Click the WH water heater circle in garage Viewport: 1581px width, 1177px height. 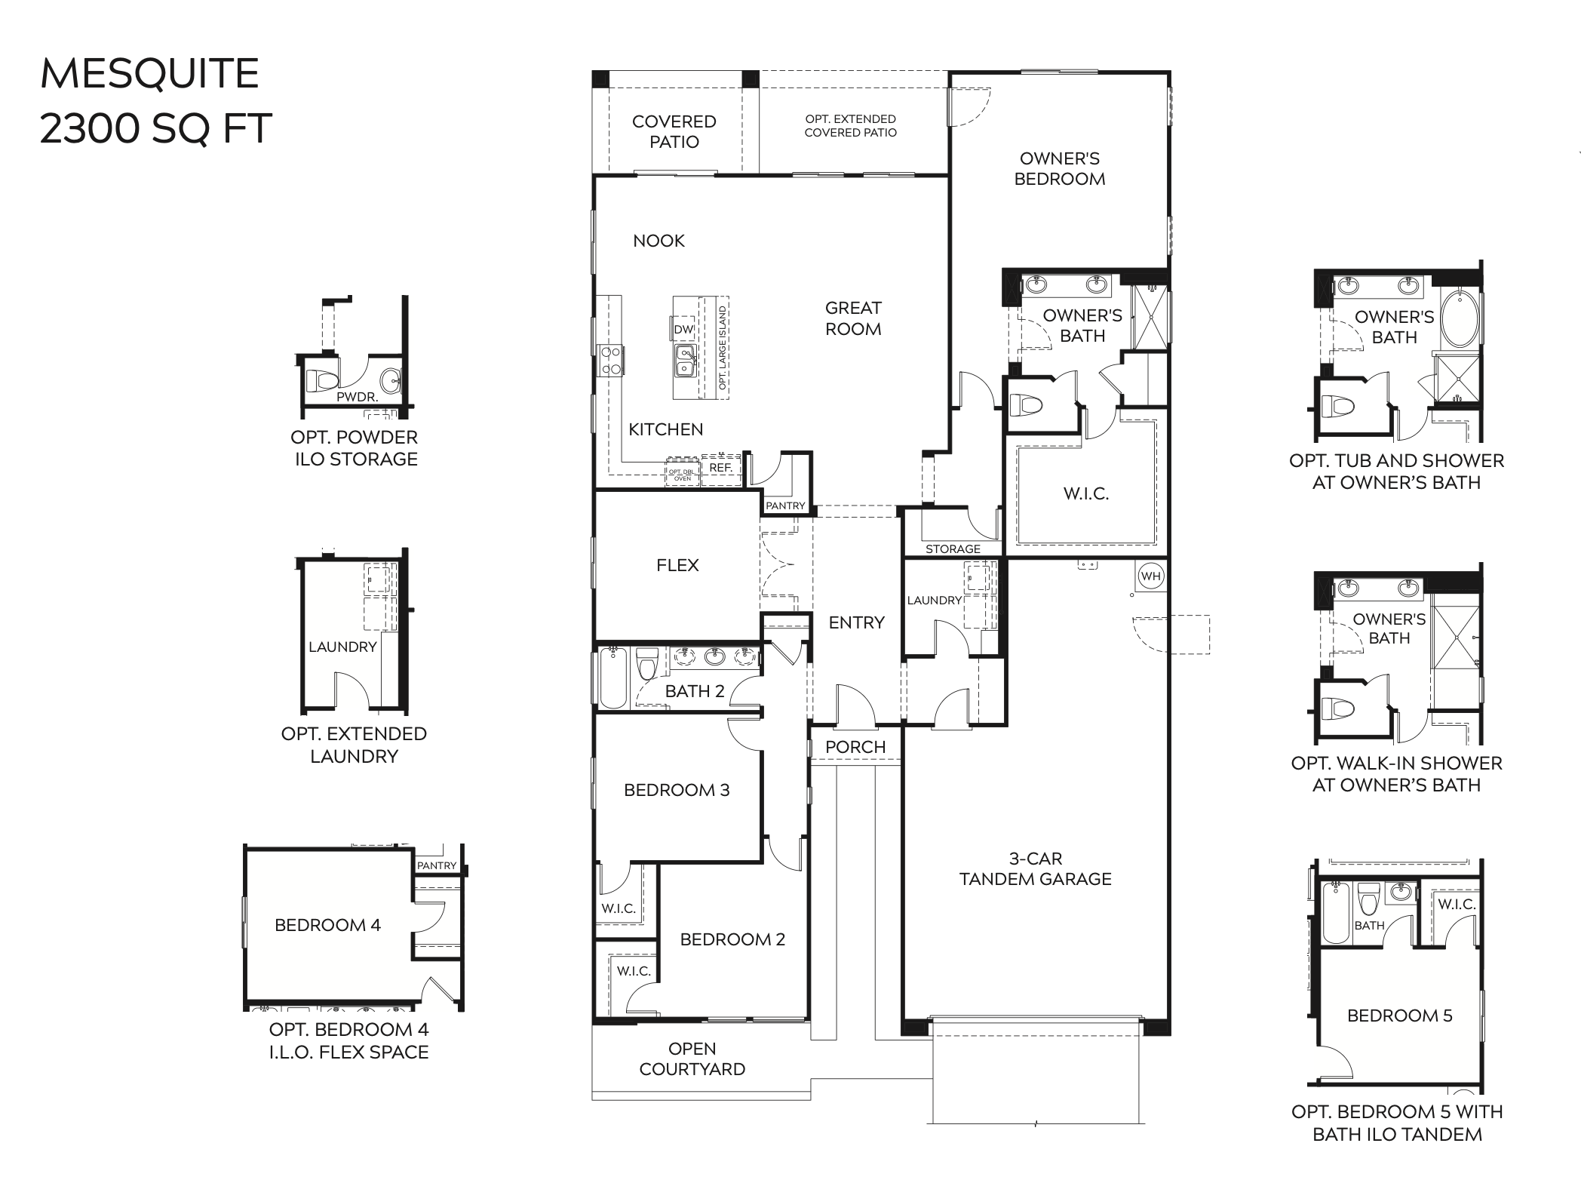pyautogui.click(x=1150, y=576)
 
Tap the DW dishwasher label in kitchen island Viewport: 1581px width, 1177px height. pyautogui.click(x=683, y=329)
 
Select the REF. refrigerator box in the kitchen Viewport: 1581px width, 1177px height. pyautogui.click(x=721, y=468)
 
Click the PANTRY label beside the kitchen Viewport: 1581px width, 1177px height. pyautogui.click(x=785, y=506)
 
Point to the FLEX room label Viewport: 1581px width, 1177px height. pyautogui.click(x=677, y=565)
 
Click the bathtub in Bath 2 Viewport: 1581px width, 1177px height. pyautogui.click(x=613, y=677)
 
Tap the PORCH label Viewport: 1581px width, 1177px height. pyautogui.click(x=855, y=747)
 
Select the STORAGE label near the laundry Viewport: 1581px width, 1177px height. pyautogui.click(x=953, y=549)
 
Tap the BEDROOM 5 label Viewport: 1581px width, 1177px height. pyautogui.click(x=1399, y=1016)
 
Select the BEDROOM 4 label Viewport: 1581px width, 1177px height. pyautogui.click(x=327, y=925)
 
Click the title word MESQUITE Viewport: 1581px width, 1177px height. pyautogui.click(x=149, y=74)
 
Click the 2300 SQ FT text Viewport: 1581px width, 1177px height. pyautogui.click(x=155, y=128)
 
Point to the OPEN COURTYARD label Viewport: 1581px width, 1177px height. pyautogui.click(x=692, y=1059)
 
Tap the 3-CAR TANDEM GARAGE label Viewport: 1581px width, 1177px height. pyautogui.click(x=1035, y=868)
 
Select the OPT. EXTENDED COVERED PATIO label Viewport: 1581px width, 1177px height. pyautogui.click(x=850, y=126)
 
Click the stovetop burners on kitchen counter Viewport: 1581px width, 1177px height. pyautogui.click(x=610, y=361)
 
